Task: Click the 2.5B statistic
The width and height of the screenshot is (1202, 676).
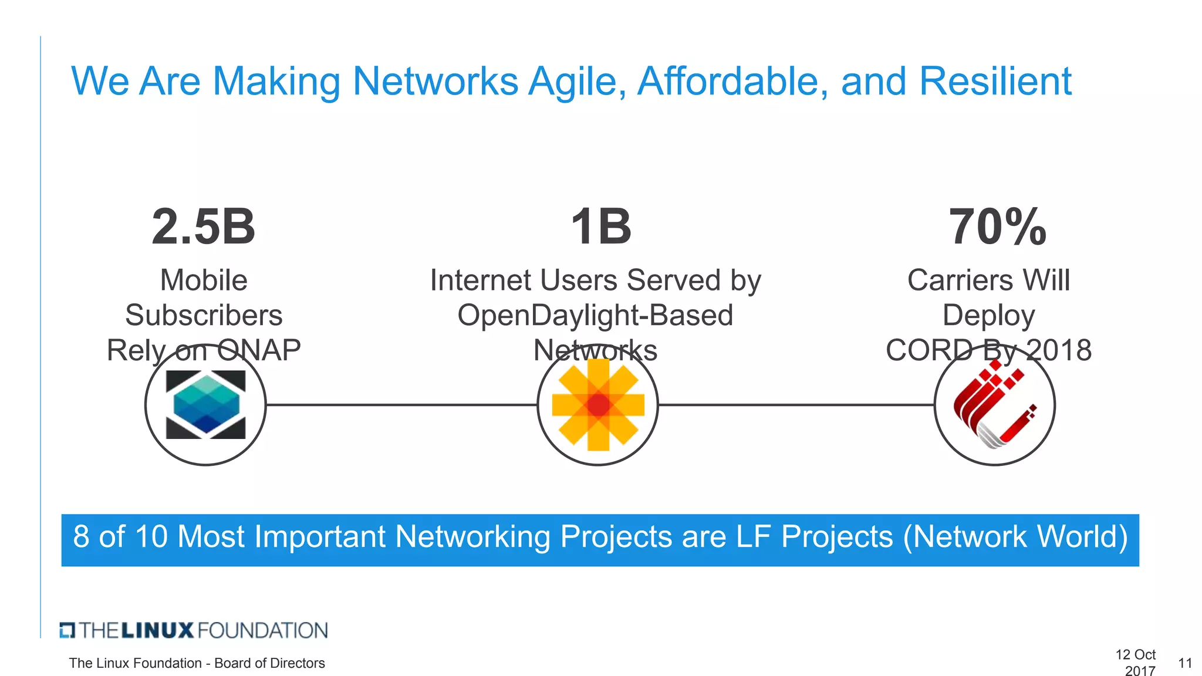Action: (203, 227)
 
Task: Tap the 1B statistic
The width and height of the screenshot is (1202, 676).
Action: (600, 227)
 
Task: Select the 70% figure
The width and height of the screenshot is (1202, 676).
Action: (997, 227)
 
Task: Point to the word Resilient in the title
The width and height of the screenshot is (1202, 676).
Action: (995, 81)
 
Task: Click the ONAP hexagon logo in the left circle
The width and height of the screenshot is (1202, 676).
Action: (205, 405)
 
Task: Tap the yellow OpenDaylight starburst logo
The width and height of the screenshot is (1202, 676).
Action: (598, 405)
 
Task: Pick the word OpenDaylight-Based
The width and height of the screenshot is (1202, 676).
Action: (595, 315)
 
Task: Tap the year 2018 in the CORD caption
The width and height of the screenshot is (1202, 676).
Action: (1059, 350)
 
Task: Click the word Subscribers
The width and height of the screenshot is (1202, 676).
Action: (204, 315)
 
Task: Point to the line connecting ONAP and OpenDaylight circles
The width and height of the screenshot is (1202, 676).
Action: (401, 405)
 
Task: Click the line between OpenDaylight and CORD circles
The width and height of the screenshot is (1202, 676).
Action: (796, 405)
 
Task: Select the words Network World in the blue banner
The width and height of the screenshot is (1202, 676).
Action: (1015, 537)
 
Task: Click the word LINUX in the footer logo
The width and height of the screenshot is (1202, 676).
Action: (157, 631)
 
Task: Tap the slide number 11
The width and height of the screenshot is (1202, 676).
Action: (1184, 663)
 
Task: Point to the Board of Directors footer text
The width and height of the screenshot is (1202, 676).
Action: (269, 663)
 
